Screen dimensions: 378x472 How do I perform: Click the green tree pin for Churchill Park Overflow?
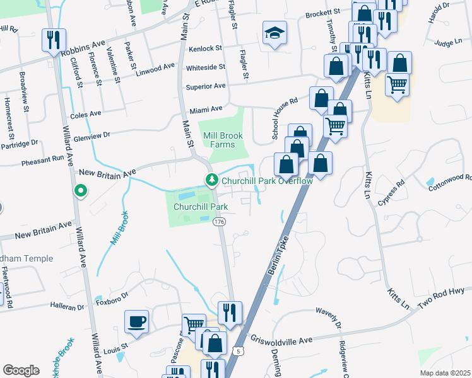211,181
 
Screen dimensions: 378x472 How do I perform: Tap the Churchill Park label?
201,205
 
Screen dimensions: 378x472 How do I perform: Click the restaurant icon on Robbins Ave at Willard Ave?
52,40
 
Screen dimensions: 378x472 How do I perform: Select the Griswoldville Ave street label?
281,340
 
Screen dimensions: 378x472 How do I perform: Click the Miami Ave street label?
203,109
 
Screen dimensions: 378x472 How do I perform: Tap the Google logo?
21,370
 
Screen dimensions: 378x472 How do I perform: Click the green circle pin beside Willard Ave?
80,190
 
